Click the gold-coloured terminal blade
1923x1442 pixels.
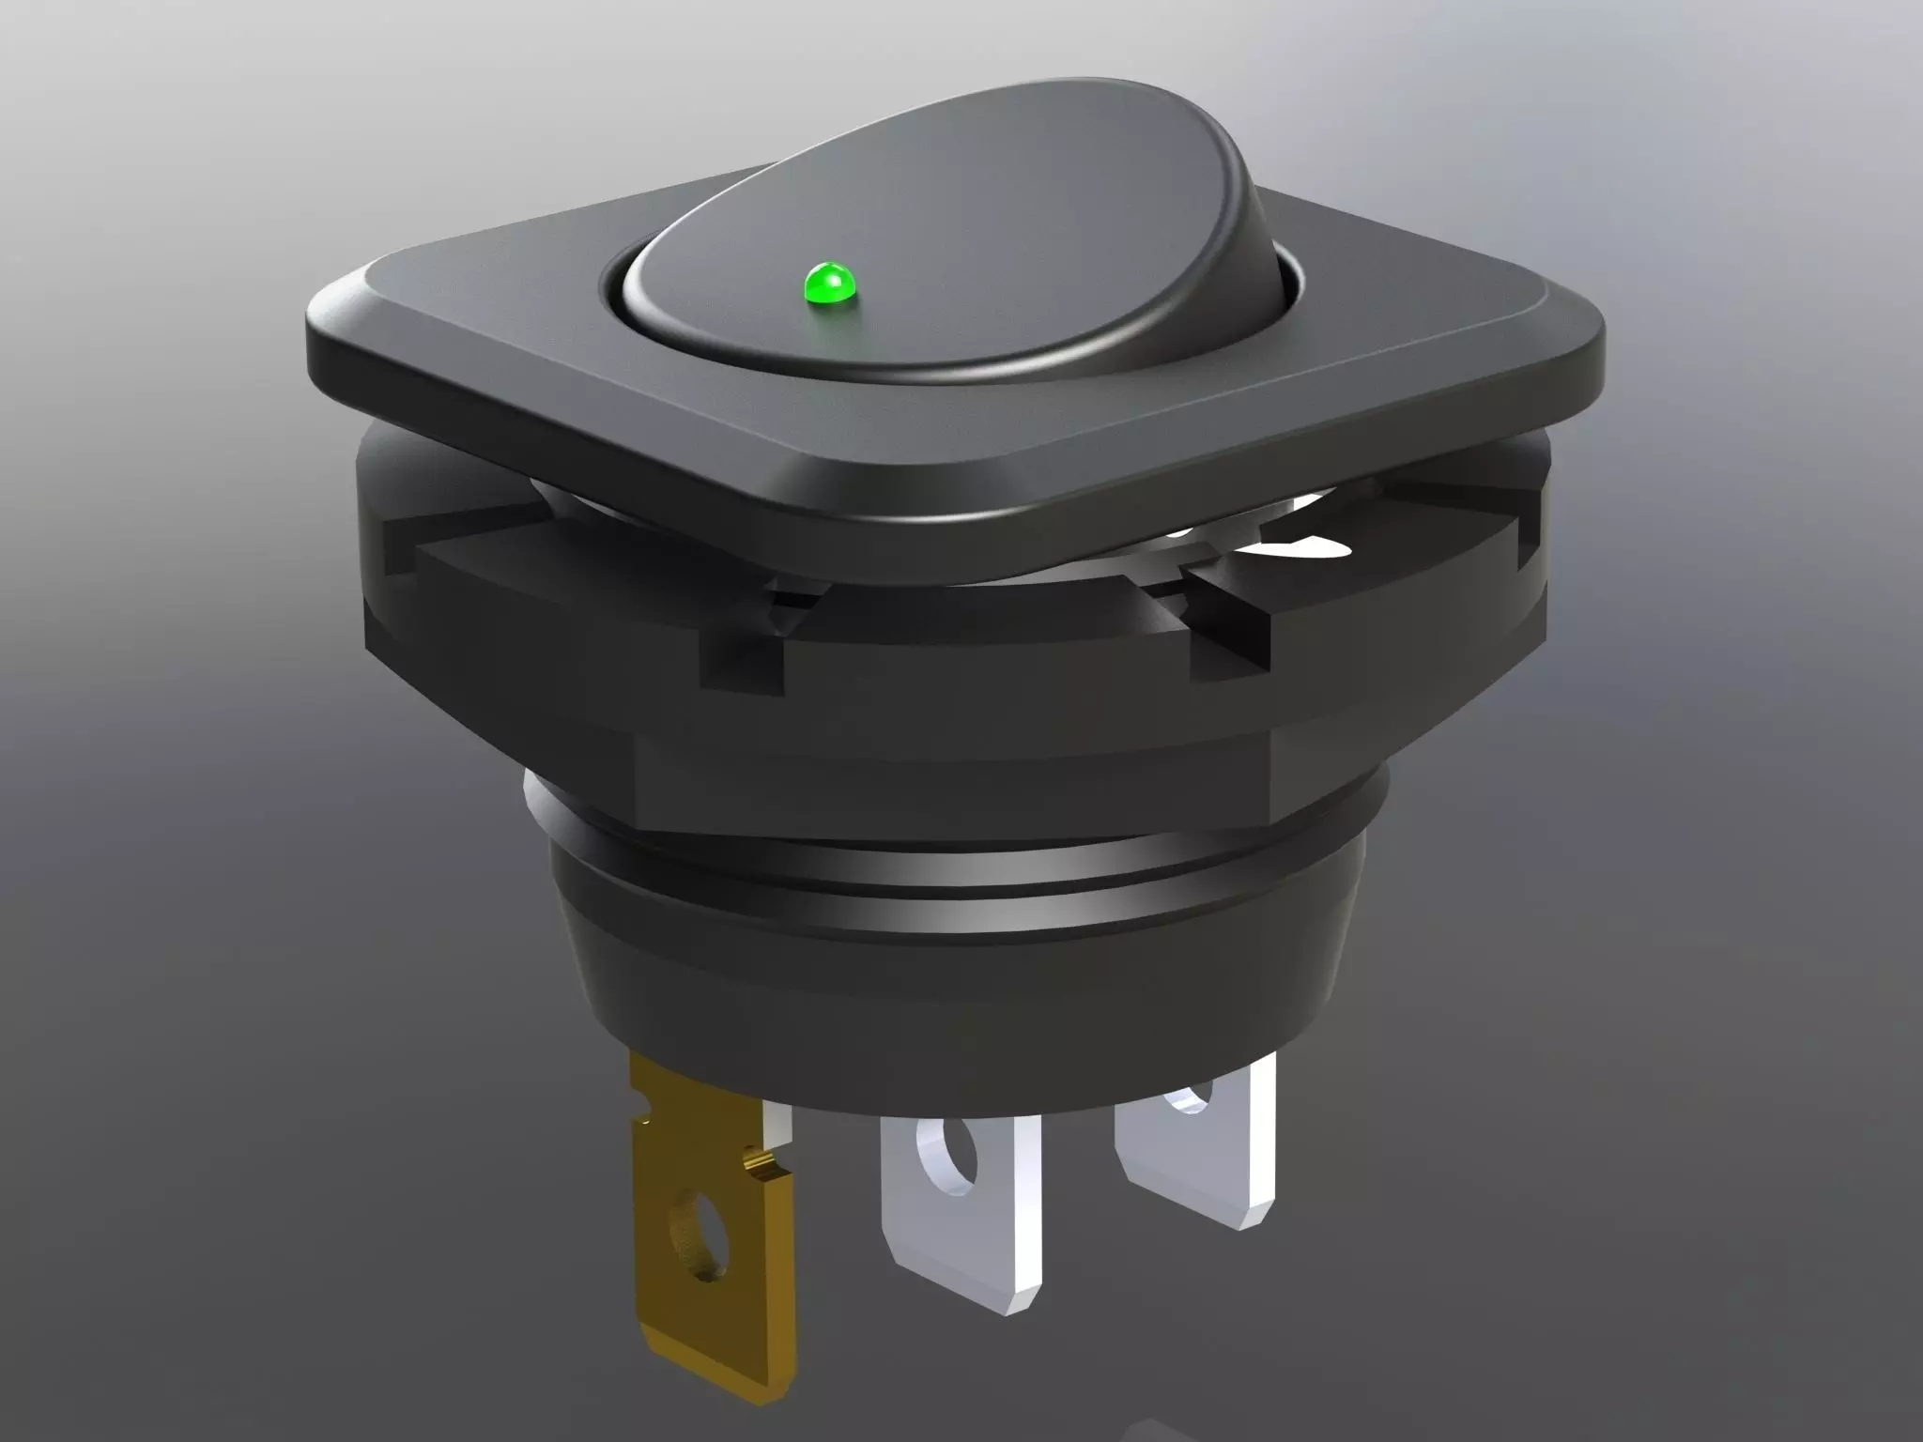(704, 1249)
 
